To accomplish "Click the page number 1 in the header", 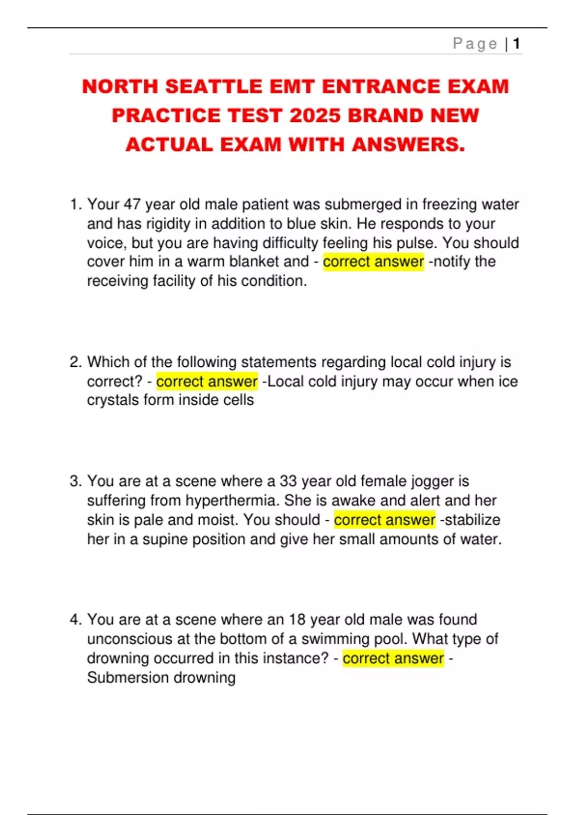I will click(516, 44).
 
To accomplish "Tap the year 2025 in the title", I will click(315, 116).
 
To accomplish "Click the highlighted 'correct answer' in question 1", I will click(373, 262).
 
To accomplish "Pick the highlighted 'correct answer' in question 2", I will click(207, 382).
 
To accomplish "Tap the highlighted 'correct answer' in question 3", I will click(384, 520).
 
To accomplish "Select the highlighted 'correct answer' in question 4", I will click(393, 658).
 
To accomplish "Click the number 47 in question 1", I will click(132, 204).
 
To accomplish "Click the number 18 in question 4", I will click(297, 619).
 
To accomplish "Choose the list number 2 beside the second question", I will click(75, 362).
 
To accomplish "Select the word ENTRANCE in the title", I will click(381, 87).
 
